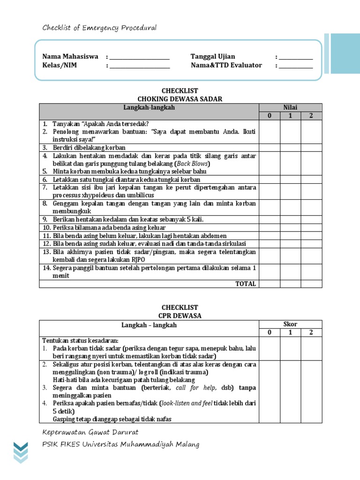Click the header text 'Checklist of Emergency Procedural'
point(99,28)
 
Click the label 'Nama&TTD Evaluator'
point(226,65)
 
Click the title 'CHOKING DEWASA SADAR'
point(180,99)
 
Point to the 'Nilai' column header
point(290,107)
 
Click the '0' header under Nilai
point(270,116)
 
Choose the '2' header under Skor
point(311,332)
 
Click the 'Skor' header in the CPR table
point(290,324)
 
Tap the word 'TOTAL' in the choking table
point(246,284)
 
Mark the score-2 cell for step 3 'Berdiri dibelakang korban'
point(311,148)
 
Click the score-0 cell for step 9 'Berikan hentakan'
point(270,219)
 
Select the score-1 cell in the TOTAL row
point(290,284)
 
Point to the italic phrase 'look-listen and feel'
point(186,403)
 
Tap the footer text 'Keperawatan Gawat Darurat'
point(90,432)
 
